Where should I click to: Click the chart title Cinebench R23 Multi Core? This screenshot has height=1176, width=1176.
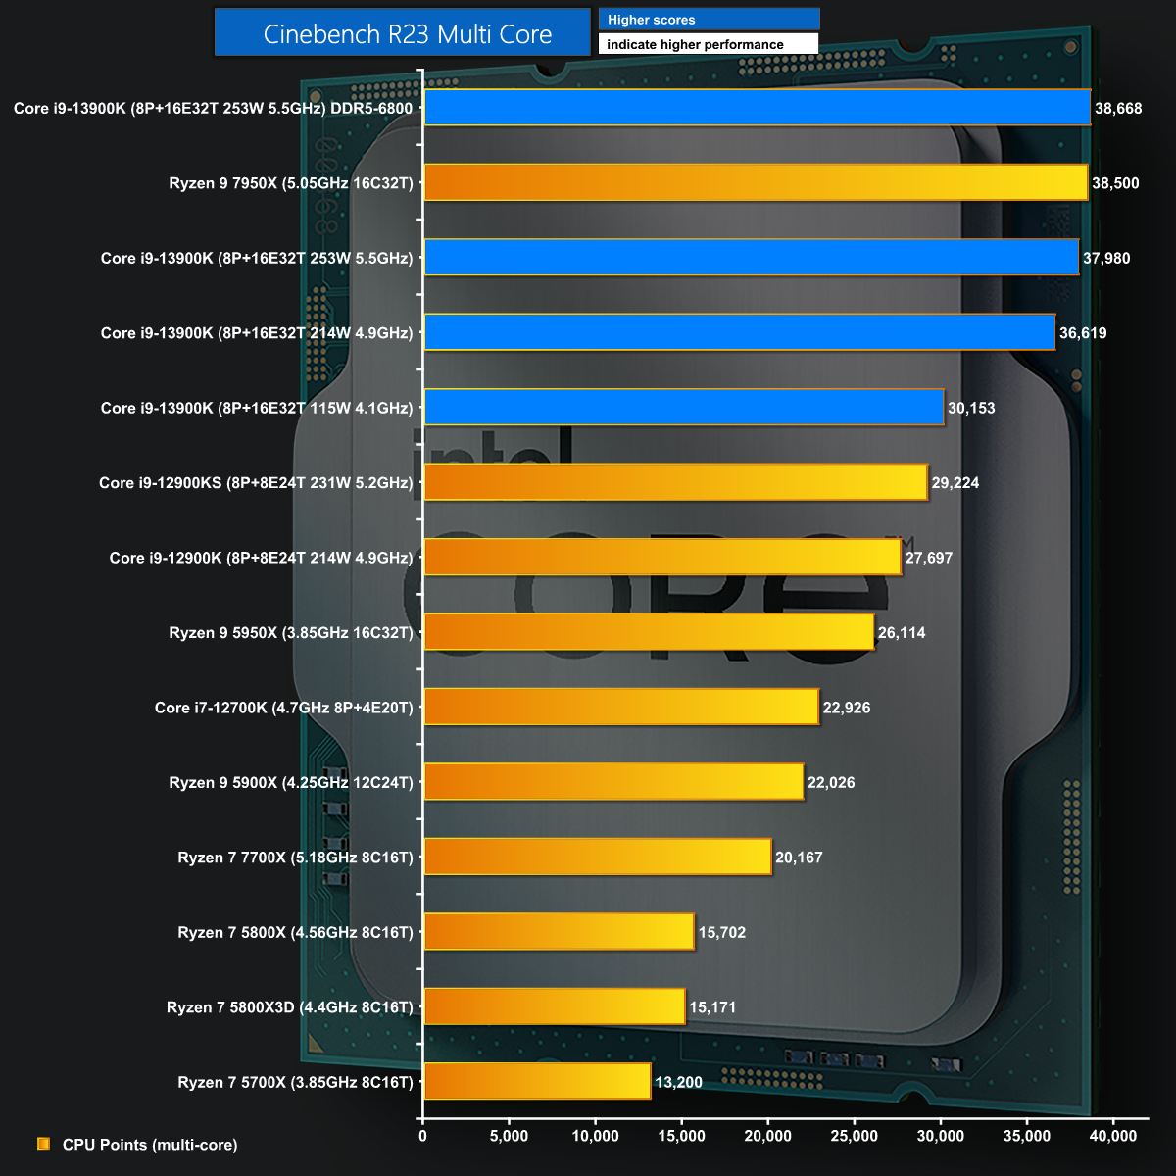point(408,34)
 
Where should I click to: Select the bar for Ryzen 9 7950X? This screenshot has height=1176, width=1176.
point(756,183)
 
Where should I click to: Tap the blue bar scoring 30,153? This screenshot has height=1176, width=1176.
point(683,408)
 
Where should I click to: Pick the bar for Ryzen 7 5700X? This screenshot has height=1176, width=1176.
point(537,1082)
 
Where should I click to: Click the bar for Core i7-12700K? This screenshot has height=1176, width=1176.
point(621,708)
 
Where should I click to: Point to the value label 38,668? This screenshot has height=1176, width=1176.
point(1118,109)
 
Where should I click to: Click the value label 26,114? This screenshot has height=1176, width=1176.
point(902,633)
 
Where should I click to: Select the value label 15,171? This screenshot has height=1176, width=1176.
point(712,1007)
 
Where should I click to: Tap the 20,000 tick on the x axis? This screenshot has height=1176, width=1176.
point(768,1136)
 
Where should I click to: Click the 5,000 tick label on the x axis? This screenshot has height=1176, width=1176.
point(509,1136)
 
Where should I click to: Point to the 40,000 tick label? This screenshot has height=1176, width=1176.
point(1113,1136)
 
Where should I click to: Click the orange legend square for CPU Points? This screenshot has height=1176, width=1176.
point(43,1144)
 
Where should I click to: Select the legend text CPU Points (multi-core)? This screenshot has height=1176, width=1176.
point(150,1145)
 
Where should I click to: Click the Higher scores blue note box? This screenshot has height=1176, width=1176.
point(709,20)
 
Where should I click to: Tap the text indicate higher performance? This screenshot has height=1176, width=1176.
point(695,44)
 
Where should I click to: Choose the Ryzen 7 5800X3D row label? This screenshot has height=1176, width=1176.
point(290,1007)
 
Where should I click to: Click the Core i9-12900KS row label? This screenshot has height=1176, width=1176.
point(256,483)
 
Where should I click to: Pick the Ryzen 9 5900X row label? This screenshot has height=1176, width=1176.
point(291,783)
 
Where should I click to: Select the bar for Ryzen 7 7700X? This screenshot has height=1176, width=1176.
point(598,857)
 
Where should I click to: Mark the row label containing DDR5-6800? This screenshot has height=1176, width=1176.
point(213,109)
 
